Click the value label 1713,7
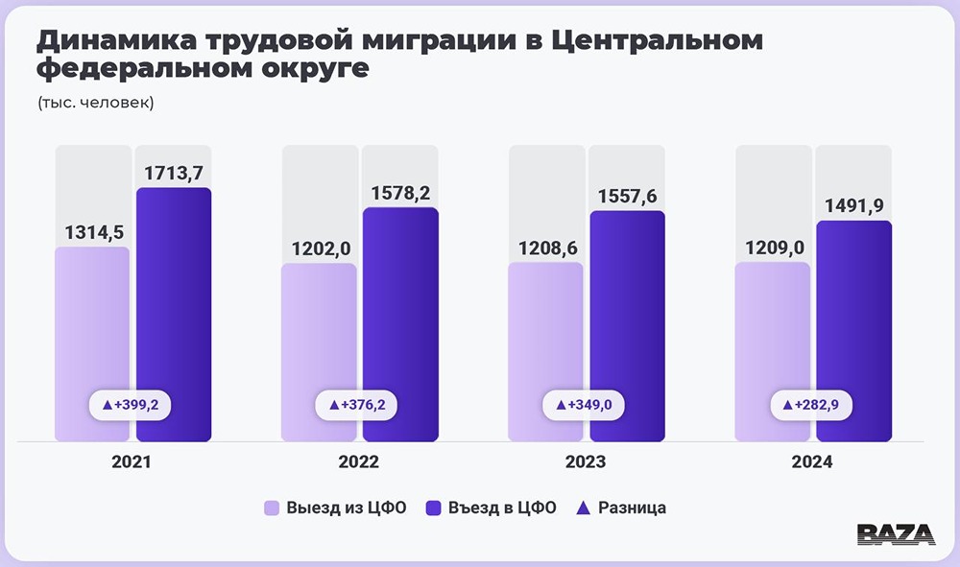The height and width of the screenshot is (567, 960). coord(174,173)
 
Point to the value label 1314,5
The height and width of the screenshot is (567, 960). coord(93,232)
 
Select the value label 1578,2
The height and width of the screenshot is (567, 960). coord(400,192)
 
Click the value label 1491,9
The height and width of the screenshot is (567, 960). coord(854,205)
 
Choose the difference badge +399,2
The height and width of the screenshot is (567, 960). coord(130,406)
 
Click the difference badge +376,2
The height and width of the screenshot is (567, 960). coord(357,406)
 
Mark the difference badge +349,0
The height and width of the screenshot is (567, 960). coord(584,406)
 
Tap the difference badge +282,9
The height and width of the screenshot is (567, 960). coord(811,406)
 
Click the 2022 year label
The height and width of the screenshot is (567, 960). coord(359,462)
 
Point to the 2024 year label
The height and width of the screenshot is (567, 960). coord(812,462)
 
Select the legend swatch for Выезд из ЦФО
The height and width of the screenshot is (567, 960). coord(272,508)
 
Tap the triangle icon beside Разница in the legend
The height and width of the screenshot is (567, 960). coord(583,508)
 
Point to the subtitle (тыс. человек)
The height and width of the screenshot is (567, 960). coord(96,103)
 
